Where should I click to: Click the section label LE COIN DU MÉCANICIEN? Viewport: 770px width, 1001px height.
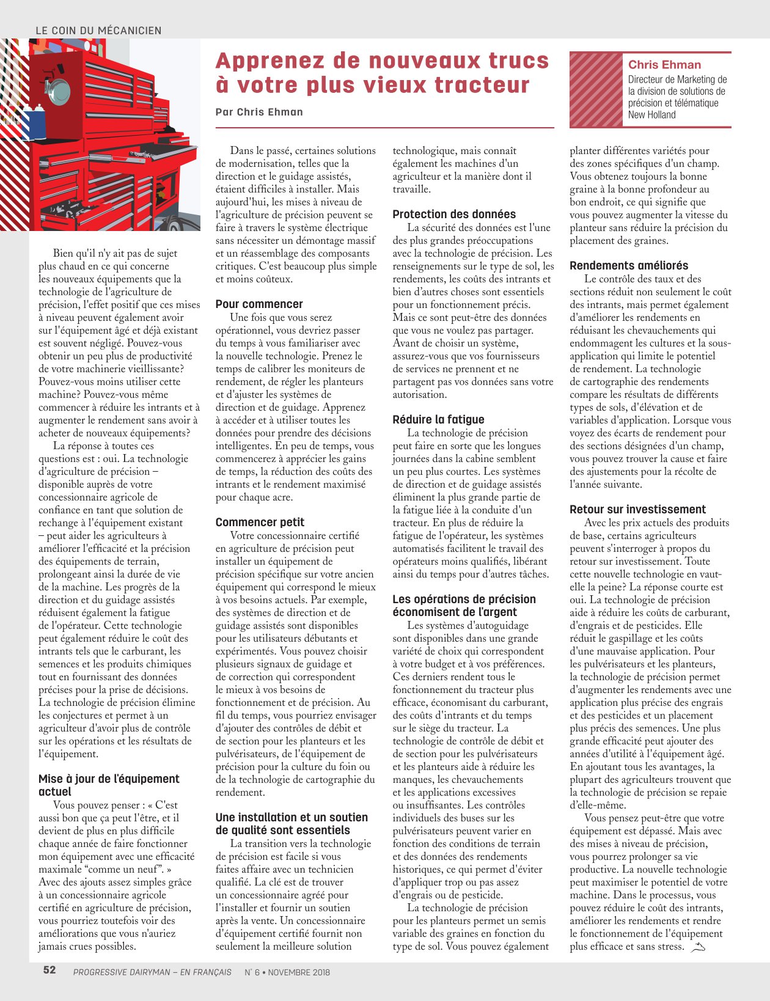98,31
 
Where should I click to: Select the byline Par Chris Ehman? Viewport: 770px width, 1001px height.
259,112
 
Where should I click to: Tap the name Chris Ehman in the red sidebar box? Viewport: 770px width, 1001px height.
664,65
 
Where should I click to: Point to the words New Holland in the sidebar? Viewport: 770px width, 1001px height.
651,115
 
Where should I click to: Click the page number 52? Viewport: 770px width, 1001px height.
50,970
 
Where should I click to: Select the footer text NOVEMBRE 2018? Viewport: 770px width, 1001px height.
298,972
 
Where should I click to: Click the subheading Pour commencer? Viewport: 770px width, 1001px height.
259,304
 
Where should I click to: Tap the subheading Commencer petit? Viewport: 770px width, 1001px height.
260,522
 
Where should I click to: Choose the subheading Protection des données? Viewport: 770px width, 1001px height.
454,215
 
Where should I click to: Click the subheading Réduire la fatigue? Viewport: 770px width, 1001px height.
438,420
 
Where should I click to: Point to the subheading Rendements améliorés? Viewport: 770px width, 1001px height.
629,266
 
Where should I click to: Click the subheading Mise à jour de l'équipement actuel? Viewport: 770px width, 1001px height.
109,785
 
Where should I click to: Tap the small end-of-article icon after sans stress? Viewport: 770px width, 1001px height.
697,947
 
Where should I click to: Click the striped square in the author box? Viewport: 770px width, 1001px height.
596,90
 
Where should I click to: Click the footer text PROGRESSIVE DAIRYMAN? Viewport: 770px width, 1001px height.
121,972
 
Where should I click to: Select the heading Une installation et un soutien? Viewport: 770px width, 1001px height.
291,818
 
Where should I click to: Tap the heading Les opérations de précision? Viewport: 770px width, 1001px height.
464,599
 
